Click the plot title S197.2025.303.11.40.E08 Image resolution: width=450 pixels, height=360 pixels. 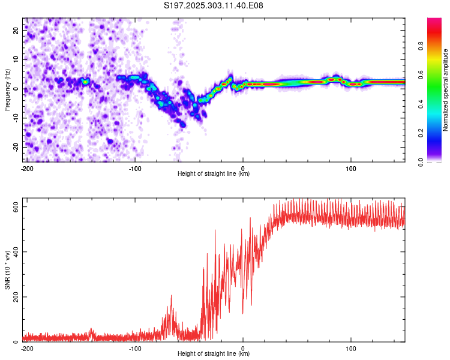tap(214, 5)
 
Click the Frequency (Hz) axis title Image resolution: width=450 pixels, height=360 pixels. tap(7, 90)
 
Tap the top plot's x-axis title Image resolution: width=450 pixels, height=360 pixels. tap(214, 173)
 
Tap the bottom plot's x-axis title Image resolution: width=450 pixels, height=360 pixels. tap(214, 353)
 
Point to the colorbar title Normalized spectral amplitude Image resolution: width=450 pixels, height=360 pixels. tap(446, 90)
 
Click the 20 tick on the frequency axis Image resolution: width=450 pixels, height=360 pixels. tap(16, 30)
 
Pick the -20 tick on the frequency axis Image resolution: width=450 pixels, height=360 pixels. tap(15, 148)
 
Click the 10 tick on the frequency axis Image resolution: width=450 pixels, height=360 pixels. tap(16, 59)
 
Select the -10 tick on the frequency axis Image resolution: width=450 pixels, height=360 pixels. tap(15, 118)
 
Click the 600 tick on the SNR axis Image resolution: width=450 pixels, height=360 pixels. tap(14, 206)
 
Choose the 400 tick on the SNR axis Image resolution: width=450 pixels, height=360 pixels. tap(14, 251)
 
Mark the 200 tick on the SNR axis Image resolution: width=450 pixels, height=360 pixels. tap(14, 297)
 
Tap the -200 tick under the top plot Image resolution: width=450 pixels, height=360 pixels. tap(26, 168)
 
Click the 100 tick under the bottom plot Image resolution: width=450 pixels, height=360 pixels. tap(351, 348)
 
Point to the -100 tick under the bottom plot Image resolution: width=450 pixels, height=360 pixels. tap(134, 348)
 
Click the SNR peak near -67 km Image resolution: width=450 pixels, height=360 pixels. tap(171, 296)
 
